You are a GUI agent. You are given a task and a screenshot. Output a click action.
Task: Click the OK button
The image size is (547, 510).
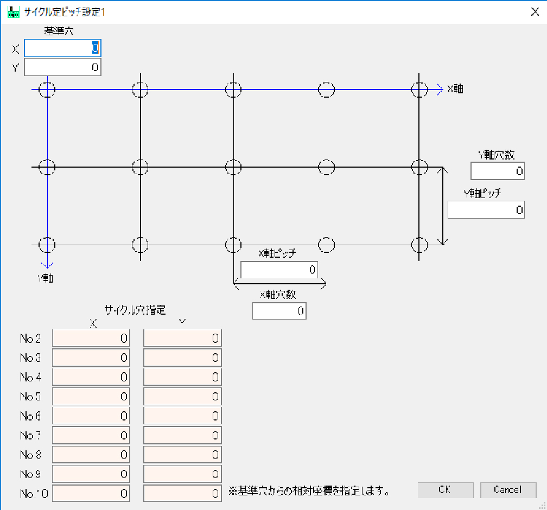coord(445,490)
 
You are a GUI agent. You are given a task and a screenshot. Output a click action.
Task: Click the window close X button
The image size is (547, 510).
coord(535,12)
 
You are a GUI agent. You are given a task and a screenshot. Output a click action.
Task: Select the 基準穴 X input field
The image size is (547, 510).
coord(62,49)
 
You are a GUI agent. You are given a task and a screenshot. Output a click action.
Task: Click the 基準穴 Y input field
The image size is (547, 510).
coord(62,67)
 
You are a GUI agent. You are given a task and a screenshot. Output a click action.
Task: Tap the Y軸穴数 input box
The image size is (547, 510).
coord(497,171)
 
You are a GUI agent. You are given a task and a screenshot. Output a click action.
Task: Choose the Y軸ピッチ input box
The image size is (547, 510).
coord(486,210)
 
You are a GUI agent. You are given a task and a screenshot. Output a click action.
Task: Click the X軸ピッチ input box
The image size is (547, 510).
coord(279,270)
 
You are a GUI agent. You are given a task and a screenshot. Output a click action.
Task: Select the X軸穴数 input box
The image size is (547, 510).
coord(279,311)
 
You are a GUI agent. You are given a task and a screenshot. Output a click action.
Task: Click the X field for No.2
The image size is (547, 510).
coord(91,339)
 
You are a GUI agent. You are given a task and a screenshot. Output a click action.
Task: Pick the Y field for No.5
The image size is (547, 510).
coord(182,397)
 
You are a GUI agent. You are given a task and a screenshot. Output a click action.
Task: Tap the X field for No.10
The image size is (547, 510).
coord(91,494)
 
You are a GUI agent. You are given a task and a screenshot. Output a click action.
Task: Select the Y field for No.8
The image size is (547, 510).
coord(182,455)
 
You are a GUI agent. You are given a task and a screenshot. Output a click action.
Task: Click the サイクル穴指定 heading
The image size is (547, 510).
coord(135,310)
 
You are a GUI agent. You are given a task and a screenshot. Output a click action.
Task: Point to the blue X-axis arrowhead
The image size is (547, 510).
coord(440,90)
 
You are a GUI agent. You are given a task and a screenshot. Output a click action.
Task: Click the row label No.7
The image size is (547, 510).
coord(30,435)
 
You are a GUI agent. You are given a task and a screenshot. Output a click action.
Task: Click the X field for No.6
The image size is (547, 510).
coord(91,416)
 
